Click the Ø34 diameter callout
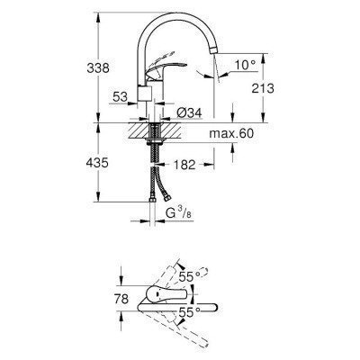pos(189,111)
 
